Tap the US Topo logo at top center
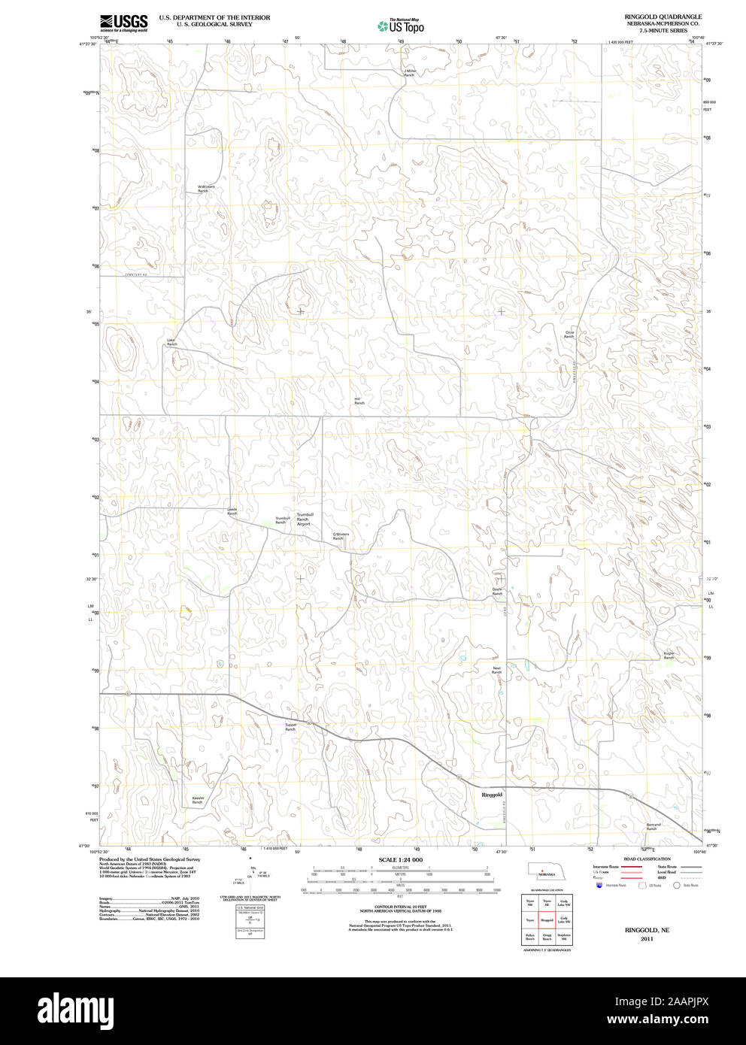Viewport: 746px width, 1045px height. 401,26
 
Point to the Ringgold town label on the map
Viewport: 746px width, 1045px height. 491,794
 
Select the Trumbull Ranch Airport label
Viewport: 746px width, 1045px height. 303,519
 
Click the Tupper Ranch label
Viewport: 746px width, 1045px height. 290,727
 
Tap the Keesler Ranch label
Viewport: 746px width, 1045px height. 197,800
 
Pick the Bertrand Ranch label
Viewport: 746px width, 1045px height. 652,826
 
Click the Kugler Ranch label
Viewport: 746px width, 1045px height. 669,656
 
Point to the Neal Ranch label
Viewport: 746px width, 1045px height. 496,669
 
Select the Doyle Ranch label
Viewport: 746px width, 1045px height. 497,592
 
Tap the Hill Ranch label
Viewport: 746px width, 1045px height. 359,401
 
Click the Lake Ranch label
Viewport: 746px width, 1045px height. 171,342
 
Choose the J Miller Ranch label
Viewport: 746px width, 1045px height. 410,73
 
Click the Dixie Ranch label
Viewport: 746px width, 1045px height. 569,334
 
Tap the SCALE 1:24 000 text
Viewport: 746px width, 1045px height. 400,859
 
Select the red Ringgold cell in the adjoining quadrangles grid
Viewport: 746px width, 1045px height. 547,919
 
